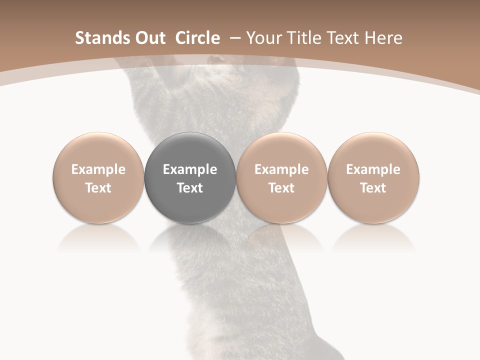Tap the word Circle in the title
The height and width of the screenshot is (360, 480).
197,38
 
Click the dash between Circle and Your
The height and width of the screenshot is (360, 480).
233,38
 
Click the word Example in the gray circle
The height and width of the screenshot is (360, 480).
190,169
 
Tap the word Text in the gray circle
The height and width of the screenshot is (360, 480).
190,188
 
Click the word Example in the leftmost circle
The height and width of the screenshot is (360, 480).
98,169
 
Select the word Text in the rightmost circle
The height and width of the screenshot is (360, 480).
373,188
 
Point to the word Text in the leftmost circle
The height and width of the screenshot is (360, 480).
98,188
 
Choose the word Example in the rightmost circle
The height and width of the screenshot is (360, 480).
373,169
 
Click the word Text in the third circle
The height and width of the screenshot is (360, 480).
281,188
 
